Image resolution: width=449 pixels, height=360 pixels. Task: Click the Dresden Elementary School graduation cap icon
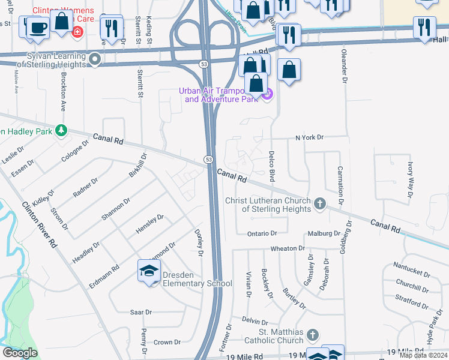(x=149, y=272)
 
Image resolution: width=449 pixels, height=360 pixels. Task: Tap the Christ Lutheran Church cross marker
(x=319, y=204)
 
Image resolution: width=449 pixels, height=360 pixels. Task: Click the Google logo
(x=20, y=353)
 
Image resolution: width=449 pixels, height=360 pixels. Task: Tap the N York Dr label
(x=309, y=137)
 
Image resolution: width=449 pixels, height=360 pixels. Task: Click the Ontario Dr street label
(x=262, y=233)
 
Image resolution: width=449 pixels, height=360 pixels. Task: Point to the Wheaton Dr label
(x=284, y=248)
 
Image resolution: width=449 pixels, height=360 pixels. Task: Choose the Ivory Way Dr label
(x=411, y=179)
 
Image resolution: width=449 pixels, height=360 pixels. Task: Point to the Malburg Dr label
(x=325, y=233)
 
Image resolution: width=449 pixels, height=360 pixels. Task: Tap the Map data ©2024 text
(x=423, y=355)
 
